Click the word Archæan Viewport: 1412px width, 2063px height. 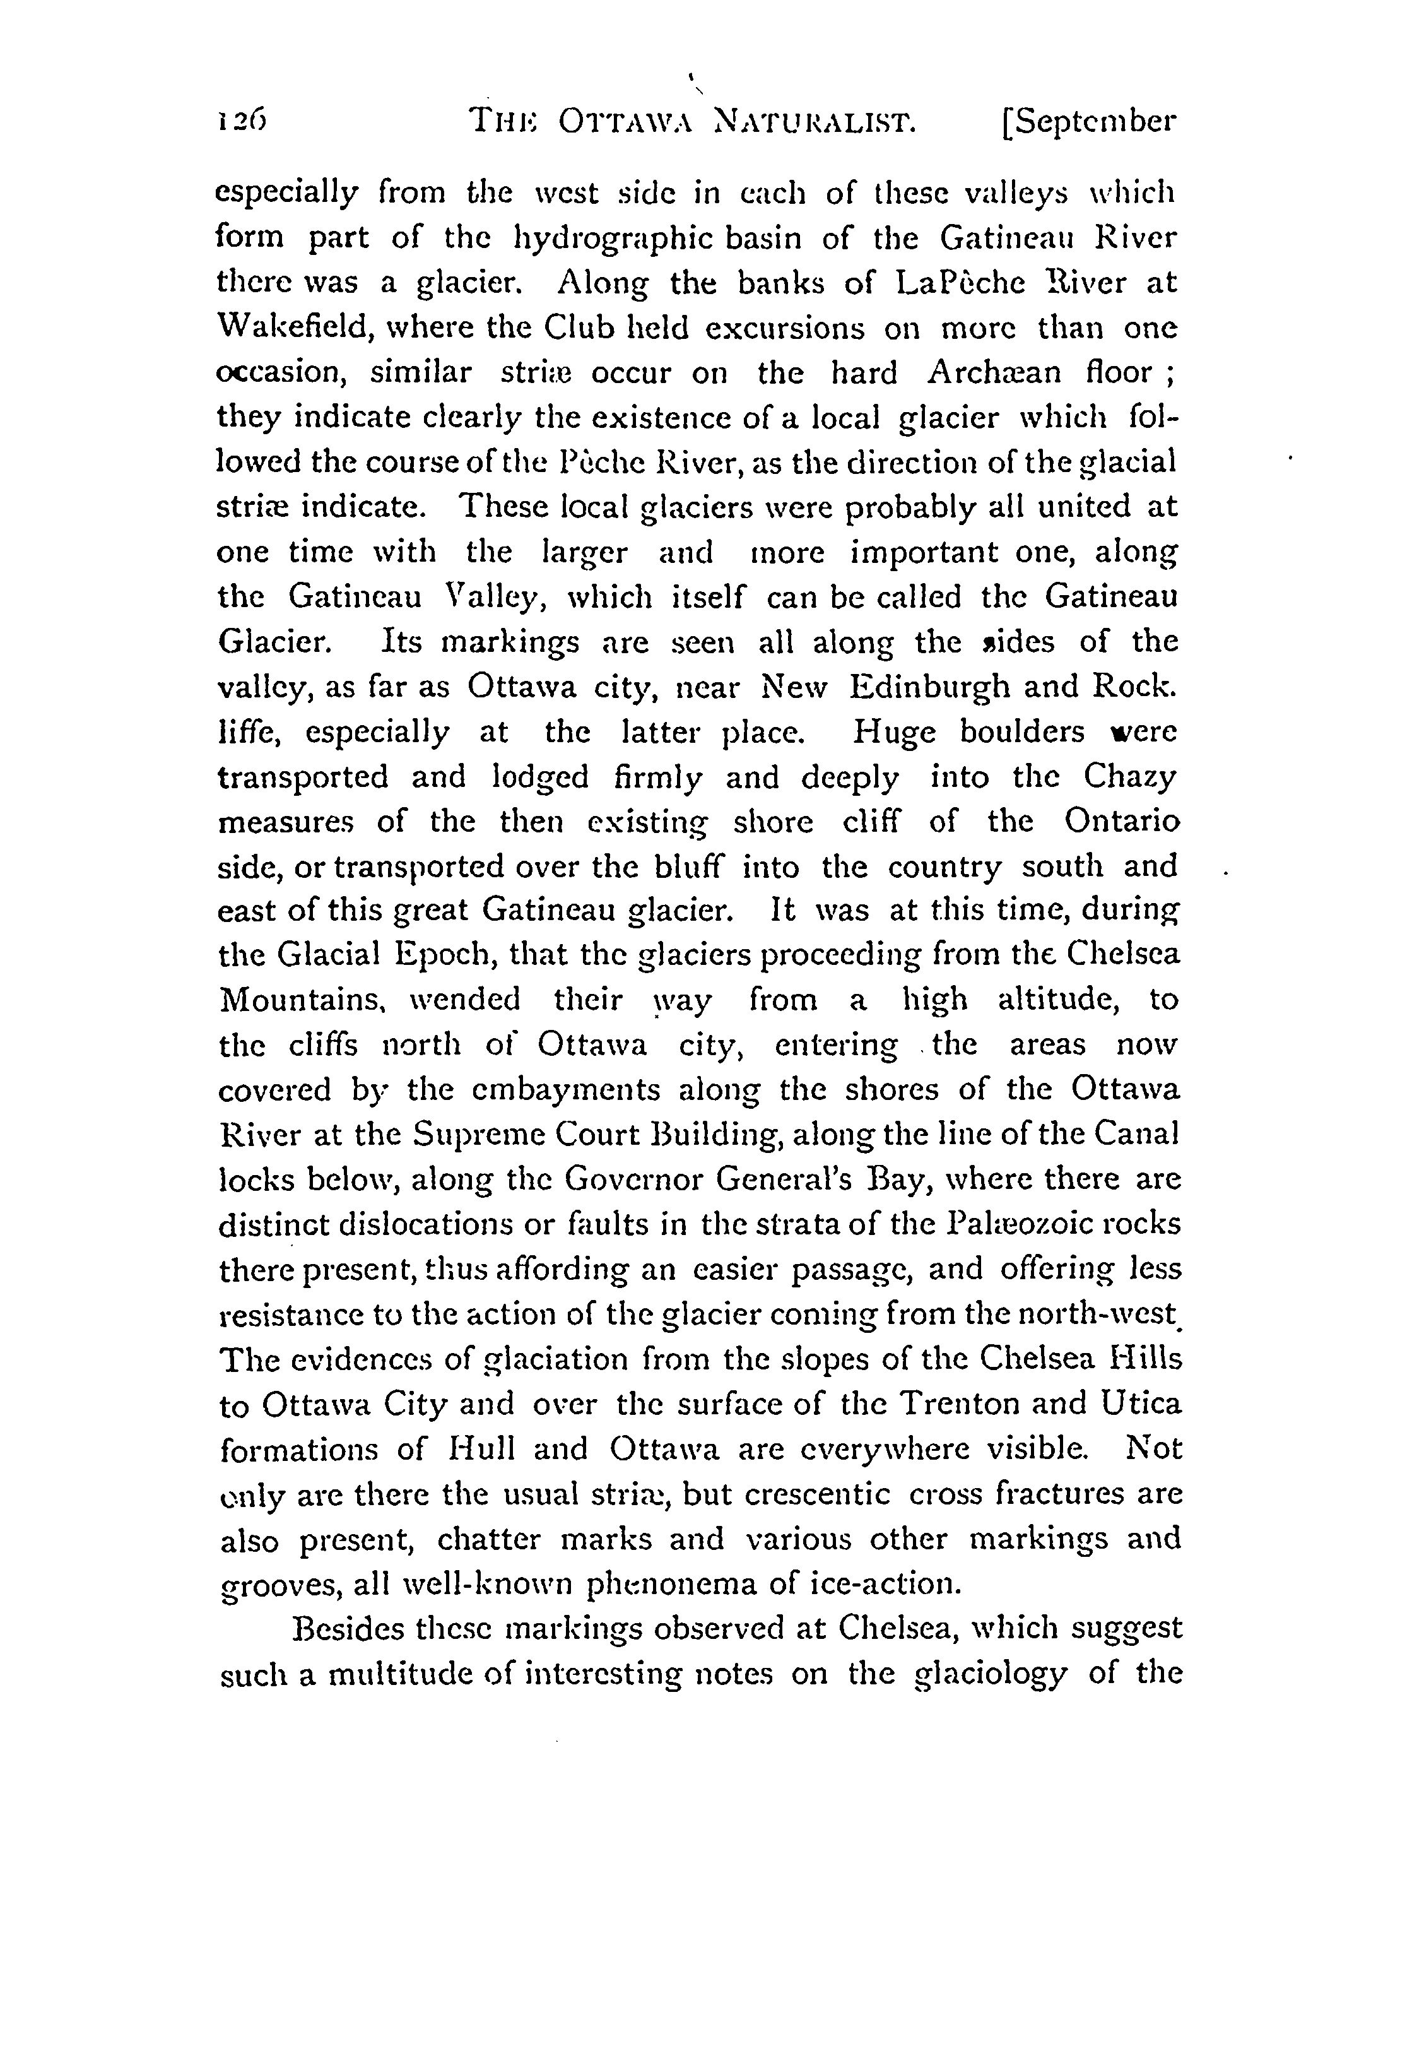coord(993,373)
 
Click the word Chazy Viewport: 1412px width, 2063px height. coord(1130,777)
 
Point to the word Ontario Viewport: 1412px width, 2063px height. coord(1122,822)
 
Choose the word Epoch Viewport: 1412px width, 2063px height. coord(443,956)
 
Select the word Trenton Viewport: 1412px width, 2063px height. coord(960,1404)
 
